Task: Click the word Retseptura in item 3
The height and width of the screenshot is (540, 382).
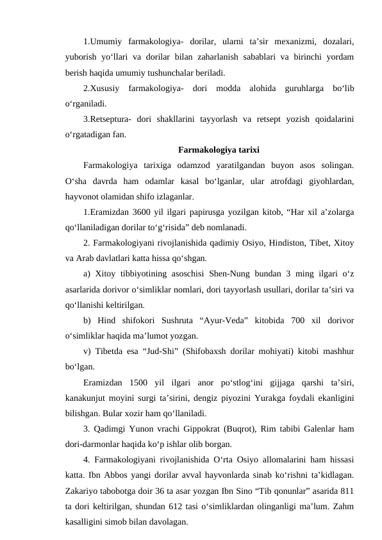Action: (112, 119)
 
